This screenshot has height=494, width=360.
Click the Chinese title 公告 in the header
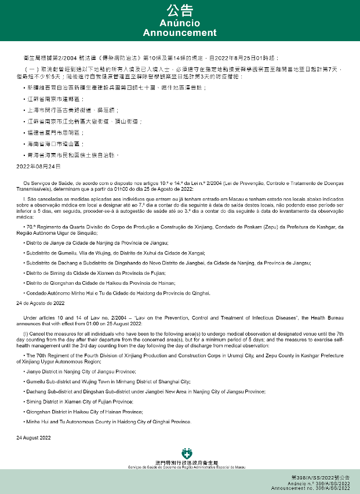coord(180,10)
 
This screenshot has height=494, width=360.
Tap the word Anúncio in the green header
coord(180,23)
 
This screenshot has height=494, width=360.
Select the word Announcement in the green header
coord(180,32)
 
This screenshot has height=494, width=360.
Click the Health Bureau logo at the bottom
coord(187,452)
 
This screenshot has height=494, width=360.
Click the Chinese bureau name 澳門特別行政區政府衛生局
coord(187,461)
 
